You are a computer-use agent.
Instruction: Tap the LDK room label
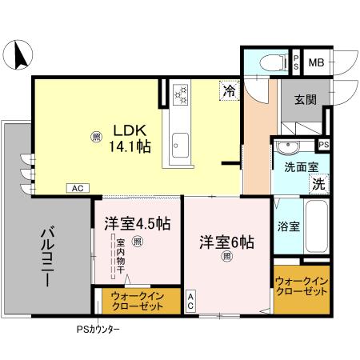pyautogui.click(x=128, y=130)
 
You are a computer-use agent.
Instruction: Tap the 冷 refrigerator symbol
pyautogui.click(x=230, y=91)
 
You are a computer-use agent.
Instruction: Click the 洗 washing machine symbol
pyautogui.click(x=318, y=182)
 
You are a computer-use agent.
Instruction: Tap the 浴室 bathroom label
pyautogui.click(x=289, y=226)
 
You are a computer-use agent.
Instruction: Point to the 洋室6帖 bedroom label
pyautogui.click(x=226, y=240)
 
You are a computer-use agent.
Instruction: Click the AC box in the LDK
pyautogui.click(x=78, y=188)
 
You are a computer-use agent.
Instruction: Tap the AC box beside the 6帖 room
pyautogui.click(x=190, y=301)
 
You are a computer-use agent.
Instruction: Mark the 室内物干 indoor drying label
pyautogui.click(x=120, y=258)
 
